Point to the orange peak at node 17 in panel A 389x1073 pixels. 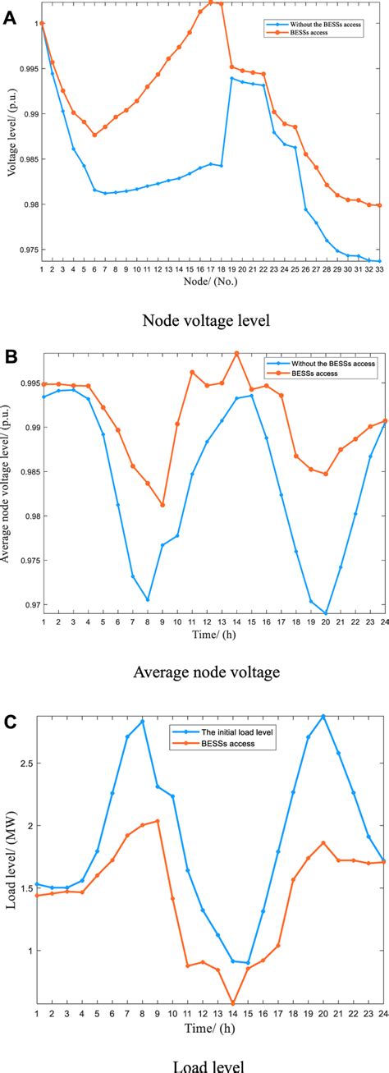(211, 2)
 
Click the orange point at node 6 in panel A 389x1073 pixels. (94, 135)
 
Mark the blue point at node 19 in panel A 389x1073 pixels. (232, 79)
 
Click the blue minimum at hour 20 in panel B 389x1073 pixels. (326, 613)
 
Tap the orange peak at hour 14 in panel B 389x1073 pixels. (236, 353)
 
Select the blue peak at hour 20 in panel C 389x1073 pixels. (323, 716)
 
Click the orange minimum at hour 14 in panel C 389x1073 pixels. (233, 1002)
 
